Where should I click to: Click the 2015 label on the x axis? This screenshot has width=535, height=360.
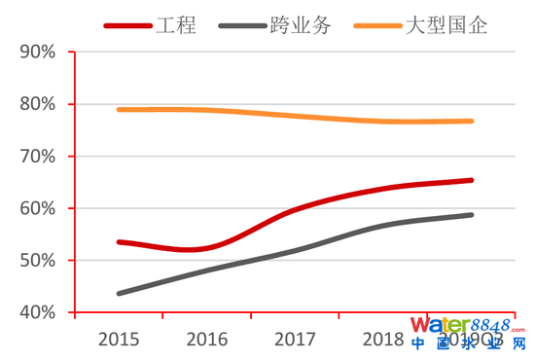pos(119,340)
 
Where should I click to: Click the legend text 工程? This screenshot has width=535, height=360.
pos(176,25)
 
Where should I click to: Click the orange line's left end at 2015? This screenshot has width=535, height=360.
pos(119,110)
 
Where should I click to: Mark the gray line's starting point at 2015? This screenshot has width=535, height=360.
pos(119,293)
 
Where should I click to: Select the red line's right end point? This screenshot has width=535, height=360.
pos(472,180)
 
